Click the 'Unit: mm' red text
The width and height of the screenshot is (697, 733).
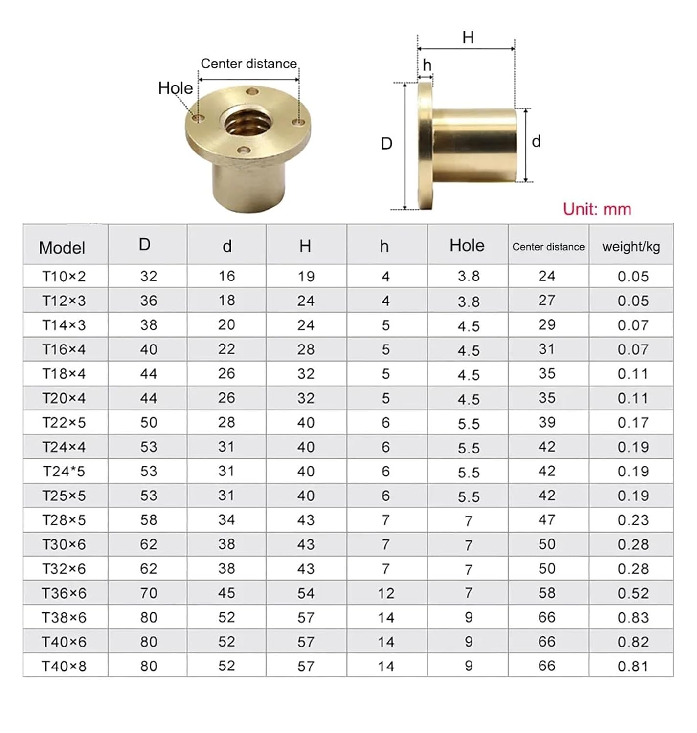pos(597,209)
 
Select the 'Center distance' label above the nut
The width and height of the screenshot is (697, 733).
pos(248,64)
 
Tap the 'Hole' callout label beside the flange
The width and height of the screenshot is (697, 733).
pos(175,88)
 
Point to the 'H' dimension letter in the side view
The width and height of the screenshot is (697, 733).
pos(468,38)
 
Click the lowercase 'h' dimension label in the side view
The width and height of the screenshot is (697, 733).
pos(427,65)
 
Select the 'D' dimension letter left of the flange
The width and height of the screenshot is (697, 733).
pos(386,144)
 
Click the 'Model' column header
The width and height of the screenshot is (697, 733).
pos(62,248)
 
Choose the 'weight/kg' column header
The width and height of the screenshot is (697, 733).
pos(631,247)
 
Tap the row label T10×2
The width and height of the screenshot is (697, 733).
pos(64,277)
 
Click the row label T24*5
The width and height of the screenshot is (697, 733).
pos(64,472)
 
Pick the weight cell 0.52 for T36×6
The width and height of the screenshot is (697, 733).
pos(633,593)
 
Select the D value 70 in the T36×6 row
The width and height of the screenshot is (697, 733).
pos(149,593)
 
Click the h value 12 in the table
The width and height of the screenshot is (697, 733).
pos(386,593)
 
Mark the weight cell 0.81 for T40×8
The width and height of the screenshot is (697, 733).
pos(633,667)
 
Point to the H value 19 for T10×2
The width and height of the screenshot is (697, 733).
pos(306,277)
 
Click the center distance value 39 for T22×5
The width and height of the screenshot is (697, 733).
pos(547,423)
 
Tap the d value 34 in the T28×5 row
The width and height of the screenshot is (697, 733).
pos(226,520)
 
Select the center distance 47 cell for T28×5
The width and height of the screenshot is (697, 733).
pos(547,520)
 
